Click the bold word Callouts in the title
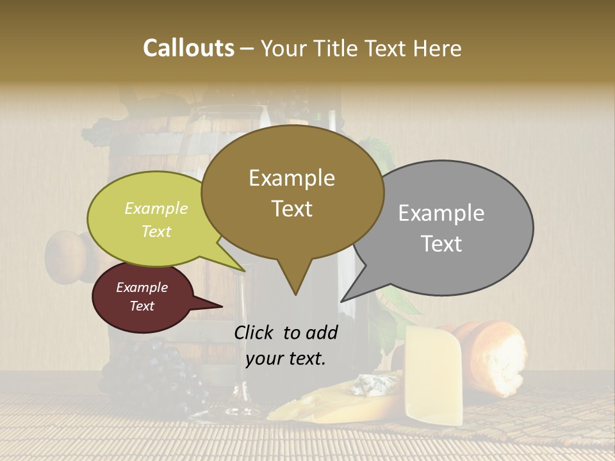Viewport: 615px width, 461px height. click(188, 48)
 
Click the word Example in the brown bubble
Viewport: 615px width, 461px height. click(291, 178)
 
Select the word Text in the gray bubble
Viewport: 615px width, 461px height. click(441, 244)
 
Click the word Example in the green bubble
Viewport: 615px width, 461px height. click(156, 209)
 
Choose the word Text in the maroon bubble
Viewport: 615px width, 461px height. click(142, 306)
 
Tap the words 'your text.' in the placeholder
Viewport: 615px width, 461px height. click(286, 359)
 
